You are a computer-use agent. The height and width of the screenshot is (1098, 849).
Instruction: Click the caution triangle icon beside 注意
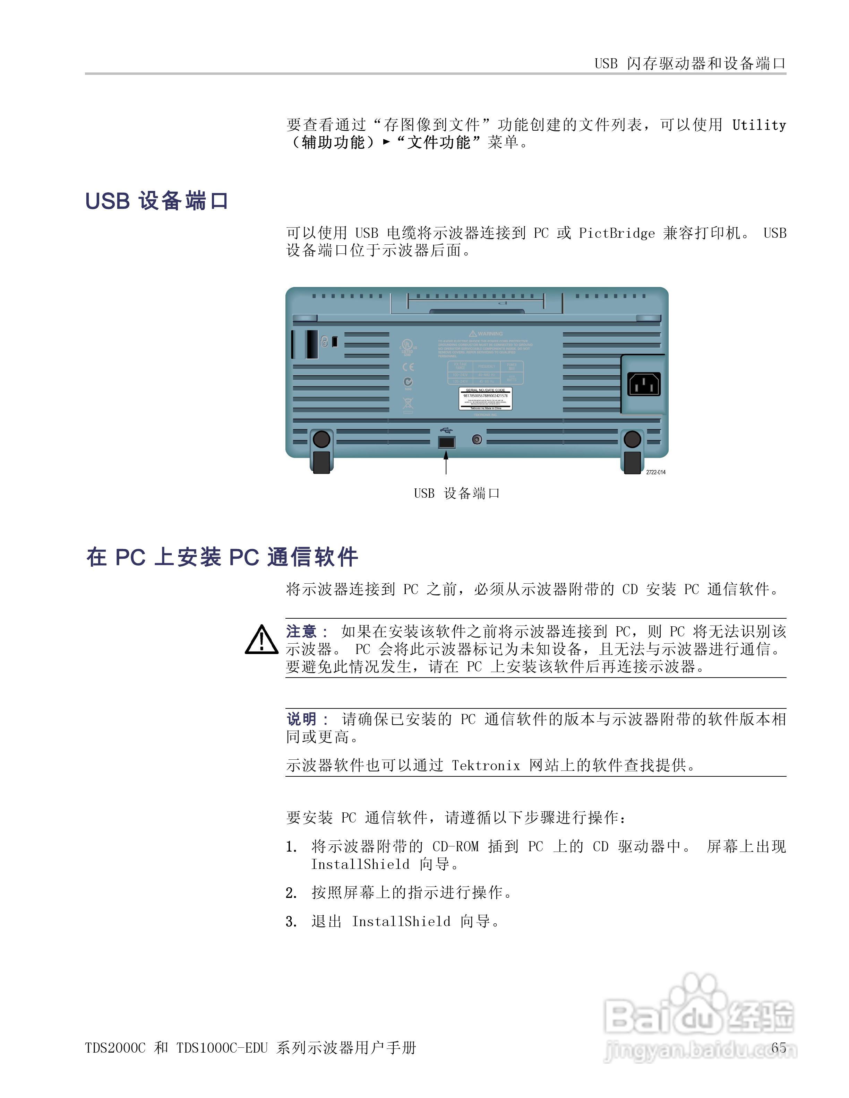[261, 640]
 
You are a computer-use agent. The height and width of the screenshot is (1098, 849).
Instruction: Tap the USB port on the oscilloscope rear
[446, 442]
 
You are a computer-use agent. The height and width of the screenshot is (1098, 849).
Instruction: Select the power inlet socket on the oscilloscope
[644, 385]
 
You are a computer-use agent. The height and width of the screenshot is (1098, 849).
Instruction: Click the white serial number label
[485, 398]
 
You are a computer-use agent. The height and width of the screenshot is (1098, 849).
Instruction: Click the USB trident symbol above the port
[446, 430]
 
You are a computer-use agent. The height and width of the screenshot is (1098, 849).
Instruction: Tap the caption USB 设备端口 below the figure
[457, 493]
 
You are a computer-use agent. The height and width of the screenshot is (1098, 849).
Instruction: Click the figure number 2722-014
[655, 472]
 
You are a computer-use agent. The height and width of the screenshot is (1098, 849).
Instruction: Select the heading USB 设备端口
[157, 201]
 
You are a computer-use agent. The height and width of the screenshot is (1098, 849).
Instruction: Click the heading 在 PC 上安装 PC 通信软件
[222, 557]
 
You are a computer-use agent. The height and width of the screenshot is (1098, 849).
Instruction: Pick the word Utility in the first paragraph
[758, 125]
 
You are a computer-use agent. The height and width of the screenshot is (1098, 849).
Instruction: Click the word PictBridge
[617, 233]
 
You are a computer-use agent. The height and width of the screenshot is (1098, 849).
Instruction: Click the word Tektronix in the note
[485, 766]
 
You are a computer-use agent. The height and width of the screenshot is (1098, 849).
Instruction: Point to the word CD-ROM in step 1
[455, 847]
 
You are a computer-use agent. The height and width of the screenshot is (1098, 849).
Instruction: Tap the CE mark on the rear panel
[408, 367]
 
